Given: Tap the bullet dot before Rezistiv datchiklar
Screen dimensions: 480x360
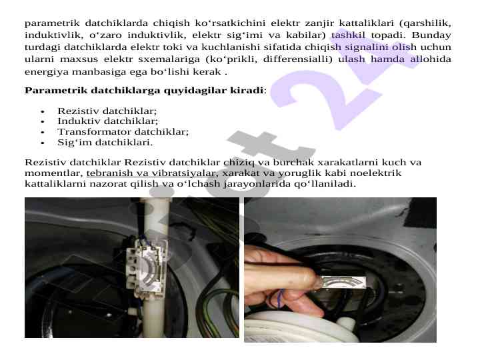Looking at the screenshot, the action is pos(43,111).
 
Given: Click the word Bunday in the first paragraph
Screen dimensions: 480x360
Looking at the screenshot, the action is pos(431,35).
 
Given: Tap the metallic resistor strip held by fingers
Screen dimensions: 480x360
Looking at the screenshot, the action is pos(343,282).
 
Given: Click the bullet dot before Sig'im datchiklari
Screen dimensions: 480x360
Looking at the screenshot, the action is pos(43,143).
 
